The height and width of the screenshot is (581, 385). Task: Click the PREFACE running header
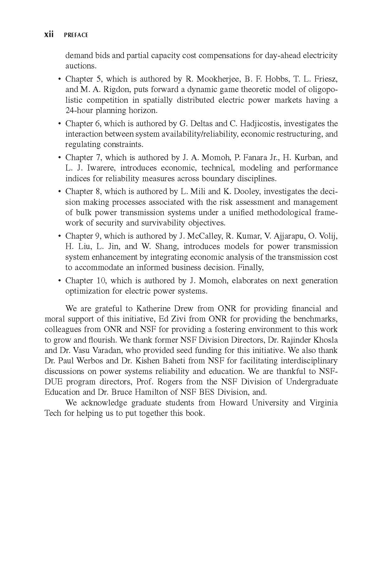point(76,35)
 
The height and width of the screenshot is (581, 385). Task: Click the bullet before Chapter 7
point(59,158)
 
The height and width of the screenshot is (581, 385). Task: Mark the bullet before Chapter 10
point(59,281)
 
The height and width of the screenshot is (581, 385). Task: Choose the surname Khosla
point(327,340)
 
